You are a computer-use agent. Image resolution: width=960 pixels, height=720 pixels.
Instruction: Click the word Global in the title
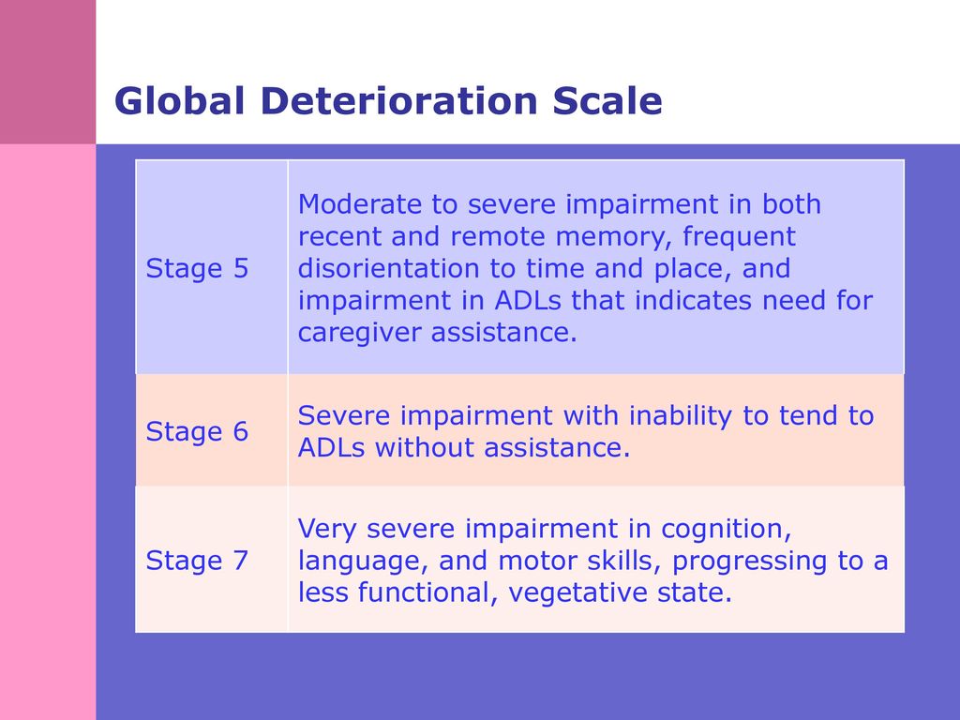179,100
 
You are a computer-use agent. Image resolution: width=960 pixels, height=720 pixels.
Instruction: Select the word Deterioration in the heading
398,100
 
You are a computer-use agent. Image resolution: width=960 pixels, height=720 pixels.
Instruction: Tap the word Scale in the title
607,100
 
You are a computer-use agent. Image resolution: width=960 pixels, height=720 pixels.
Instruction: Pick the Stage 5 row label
197,268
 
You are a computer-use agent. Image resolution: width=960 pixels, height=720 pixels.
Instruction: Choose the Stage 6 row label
197,431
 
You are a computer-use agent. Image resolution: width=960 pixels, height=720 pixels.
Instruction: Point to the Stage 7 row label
197,561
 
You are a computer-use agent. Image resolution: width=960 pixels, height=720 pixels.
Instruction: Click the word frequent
739,236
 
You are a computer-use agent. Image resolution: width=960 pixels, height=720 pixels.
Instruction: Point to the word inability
681,415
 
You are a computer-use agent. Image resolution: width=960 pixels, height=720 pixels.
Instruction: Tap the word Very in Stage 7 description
327,529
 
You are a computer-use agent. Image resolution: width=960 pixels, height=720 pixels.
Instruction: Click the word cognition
727,530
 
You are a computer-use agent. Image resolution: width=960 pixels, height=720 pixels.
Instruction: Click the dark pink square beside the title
48,71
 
